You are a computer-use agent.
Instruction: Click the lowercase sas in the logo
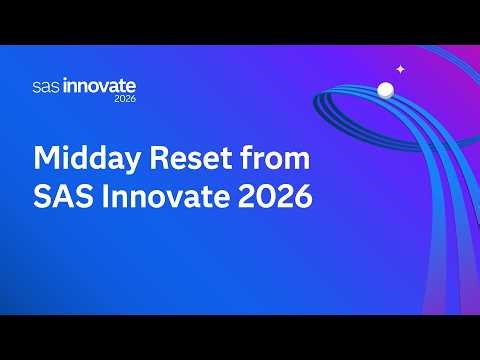(45, 88)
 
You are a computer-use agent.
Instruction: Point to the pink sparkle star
(400, 69)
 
